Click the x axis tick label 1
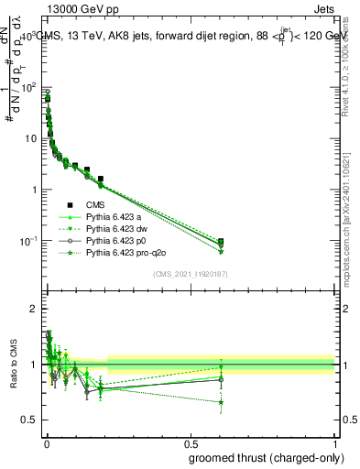tap(335, 442)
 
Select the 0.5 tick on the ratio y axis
tap(29, 420)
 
